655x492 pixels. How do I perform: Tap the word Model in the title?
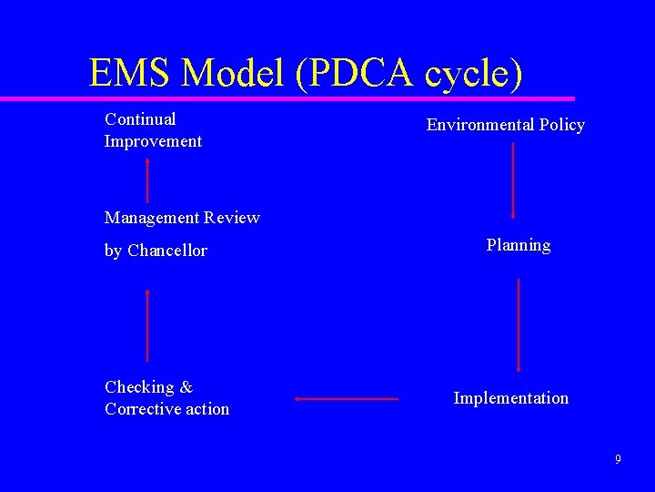click(x=235, y=72)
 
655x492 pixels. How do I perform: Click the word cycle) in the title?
click(x=472, y=73)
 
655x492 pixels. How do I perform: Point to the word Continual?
click(x=140, y=119)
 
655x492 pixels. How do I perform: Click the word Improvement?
click(x=153, y=141)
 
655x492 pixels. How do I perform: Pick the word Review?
click(x=232, y=218)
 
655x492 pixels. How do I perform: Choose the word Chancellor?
click(x=167, y=251)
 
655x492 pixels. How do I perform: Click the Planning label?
click(x=518, y=245)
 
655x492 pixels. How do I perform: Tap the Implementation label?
click(x=510, y=398)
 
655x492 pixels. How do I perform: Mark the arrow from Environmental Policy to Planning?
click(x=514, y=179)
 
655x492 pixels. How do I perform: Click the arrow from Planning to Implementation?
click(x=518, y=324)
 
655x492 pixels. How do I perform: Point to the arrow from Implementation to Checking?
click(x=347, y=398)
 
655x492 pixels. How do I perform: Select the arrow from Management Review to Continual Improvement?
click(x=147, y=179)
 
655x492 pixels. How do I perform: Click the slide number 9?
click(x=618, y=459)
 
